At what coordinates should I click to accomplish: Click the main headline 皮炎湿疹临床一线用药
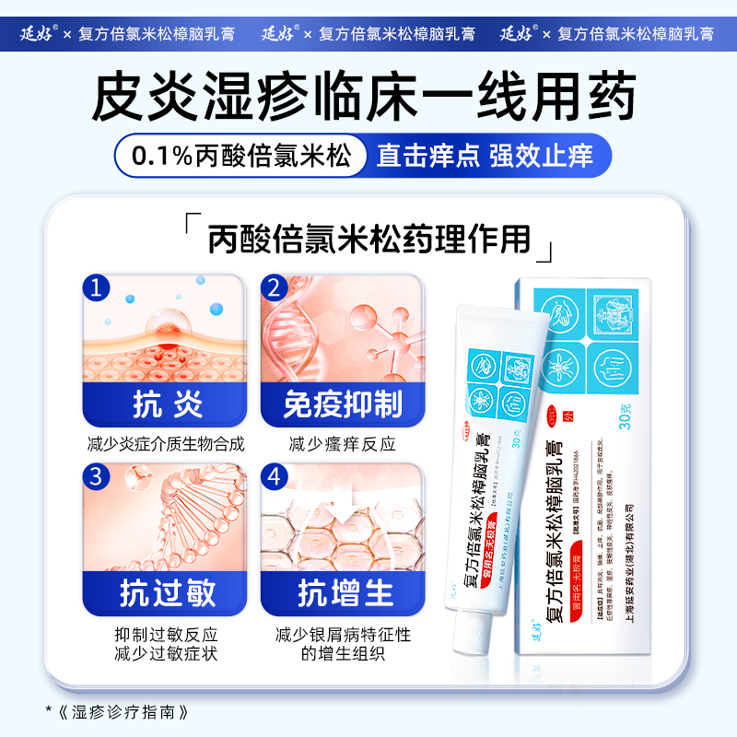(368, 96)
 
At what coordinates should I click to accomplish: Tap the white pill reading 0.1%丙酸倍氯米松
(242, 155)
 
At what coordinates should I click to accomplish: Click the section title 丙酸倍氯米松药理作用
(368, 240)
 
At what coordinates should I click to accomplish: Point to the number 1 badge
(98, 288)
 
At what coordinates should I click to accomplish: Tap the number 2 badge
(274, 288)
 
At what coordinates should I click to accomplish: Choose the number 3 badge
(98, 477)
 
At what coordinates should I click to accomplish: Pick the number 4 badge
(274, 477)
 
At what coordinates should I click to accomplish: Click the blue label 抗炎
(166, 405)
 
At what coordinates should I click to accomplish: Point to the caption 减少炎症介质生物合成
(166, 445)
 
